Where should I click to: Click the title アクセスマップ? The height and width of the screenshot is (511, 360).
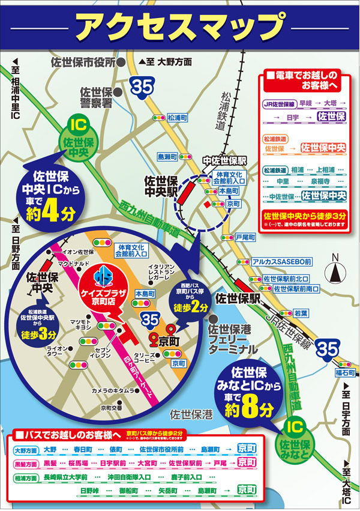point(179,25)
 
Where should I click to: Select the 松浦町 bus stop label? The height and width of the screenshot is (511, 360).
point(178,118)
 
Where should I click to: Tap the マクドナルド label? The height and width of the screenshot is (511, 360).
point(74,264)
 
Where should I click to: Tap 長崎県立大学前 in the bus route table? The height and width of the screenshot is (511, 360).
point(65,477)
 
